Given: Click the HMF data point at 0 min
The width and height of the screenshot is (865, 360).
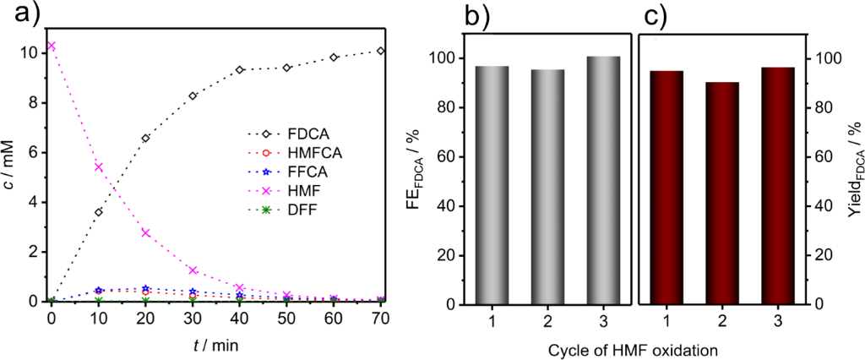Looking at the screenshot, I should click(52, 46).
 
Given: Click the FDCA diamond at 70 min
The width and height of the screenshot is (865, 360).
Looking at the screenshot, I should click(381, 51).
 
